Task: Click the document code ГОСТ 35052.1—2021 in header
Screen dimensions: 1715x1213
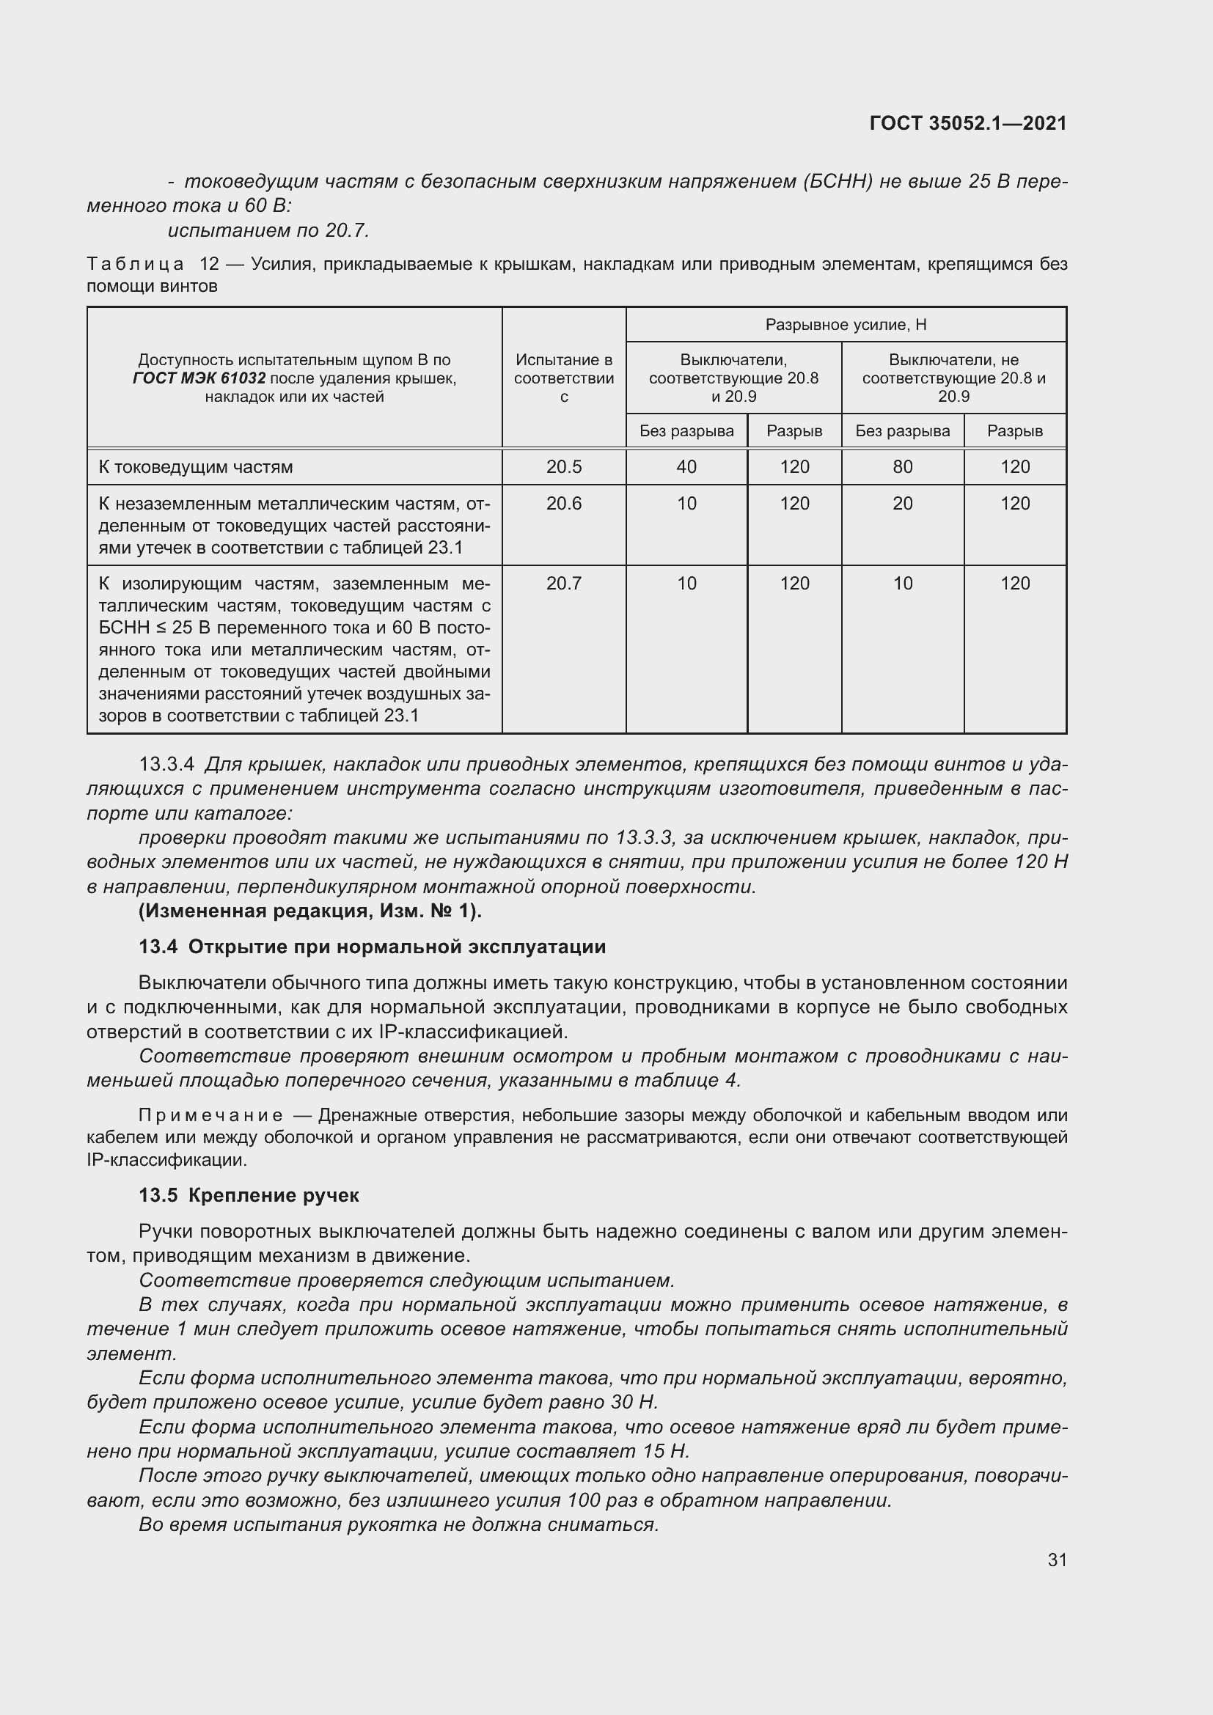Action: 968,124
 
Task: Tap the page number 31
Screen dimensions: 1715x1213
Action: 1057,1559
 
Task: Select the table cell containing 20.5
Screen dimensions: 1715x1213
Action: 563,467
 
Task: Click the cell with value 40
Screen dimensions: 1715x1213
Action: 686,467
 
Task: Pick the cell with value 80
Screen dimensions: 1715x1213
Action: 902,467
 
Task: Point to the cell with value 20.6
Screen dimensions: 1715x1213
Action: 563,504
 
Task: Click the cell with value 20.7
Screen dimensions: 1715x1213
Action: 563,584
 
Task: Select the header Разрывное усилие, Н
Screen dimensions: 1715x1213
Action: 846,324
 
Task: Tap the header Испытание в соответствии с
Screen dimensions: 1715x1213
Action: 563,378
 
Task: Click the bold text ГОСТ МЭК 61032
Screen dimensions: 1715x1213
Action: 199,378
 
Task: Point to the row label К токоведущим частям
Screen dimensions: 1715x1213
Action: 196,467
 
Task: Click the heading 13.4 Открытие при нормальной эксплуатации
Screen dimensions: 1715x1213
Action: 372,947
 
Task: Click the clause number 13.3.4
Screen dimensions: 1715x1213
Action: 166,764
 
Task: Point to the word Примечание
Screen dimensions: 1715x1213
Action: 210,1115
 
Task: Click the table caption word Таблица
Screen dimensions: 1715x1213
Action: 135,264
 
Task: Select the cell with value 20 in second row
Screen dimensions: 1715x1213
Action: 902,504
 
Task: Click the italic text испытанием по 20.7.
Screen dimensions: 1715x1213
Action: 268,230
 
